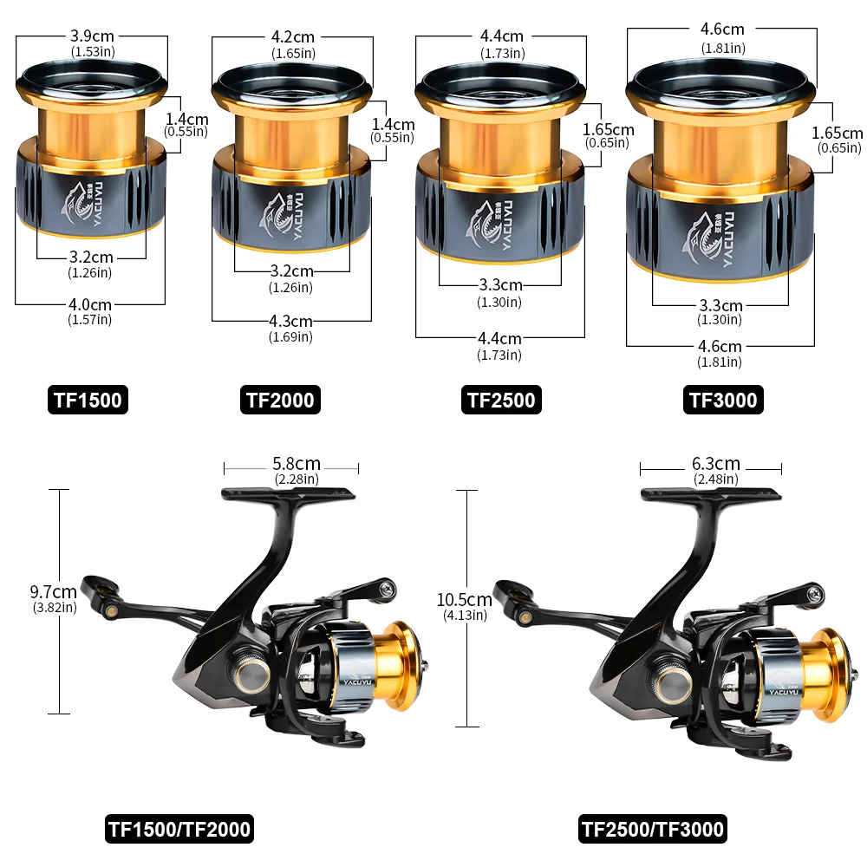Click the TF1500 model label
(x=88, y=400)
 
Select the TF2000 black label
(x=280, y=400)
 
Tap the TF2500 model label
(x=501, y=400)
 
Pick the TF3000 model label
(x=723, y=400)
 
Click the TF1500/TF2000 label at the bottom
(x=179, y=829)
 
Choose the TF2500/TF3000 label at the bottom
(x=653, y=829)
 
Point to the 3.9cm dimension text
(x=92, y=36)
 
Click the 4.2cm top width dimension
(x=292, y=37)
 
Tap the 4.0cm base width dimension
(x=90, y=304)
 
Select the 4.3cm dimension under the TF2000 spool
(x=290, y=322)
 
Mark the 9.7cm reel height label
(x=53, y=591)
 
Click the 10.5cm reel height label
(x=465, y=600)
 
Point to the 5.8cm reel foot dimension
(x=297, y=463)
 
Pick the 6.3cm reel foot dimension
(x=716, y=463)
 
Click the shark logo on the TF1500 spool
(x=75, y=202)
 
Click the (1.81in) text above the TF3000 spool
(x=723, y=48)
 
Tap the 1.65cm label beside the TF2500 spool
(x=609, y=129)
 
